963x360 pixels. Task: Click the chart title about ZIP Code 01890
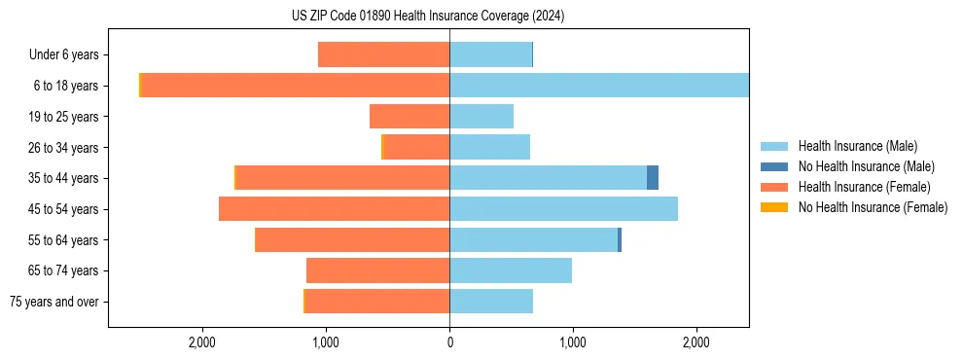[x=428, y=17]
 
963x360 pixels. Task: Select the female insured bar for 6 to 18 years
[x=295, y=86]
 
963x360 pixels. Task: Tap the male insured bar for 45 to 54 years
[x=563, y=209]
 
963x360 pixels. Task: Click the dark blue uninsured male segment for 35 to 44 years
[x=653, y=178]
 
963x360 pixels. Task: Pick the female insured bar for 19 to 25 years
[x=410, y=117]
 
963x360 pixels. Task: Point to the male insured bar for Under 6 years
[x=490, y=54]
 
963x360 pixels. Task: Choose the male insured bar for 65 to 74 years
[x=511, y=270]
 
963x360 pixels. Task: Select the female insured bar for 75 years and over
[x=377, y=302]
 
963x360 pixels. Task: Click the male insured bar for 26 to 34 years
[x=489, y=147]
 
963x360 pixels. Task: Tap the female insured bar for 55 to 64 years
[x=352, y=240]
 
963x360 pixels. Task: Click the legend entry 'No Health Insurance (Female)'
[x=873, y=207]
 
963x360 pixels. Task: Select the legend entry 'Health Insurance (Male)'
[x=858, y=146]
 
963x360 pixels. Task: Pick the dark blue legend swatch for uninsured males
[x=774, y=166]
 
